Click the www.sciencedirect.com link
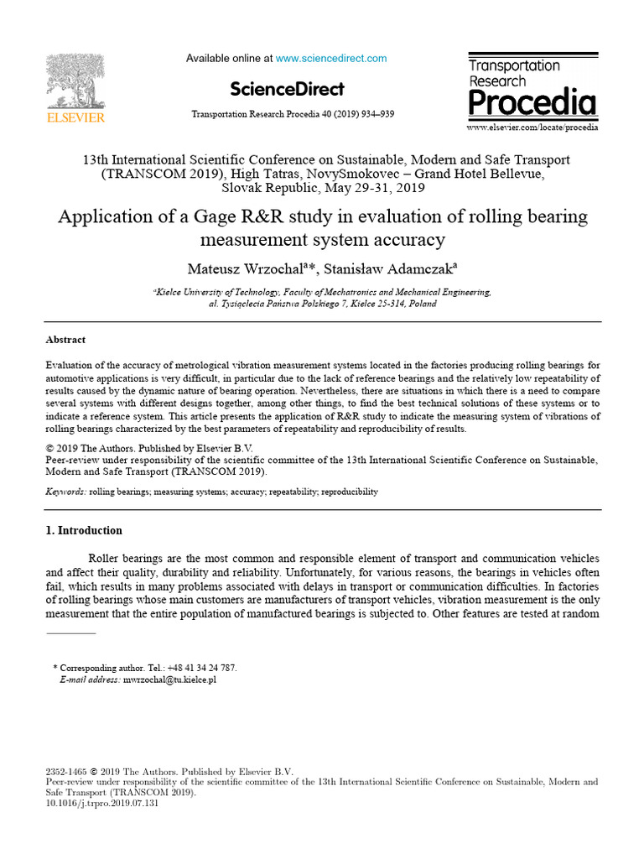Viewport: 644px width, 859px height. click(x=331, y=59)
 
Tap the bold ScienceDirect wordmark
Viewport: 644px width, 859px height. click(x=286, y=90)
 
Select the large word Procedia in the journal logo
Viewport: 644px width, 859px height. click(x=532, y=103)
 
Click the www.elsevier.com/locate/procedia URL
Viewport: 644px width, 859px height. click(x=532, y=127)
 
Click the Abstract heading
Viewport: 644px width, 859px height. click(x=65, y=340)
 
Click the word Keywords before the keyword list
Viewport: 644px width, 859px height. click(x=64, y=492)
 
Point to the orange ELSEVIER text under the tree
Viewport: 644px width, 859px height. click(x=75, y=118)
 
